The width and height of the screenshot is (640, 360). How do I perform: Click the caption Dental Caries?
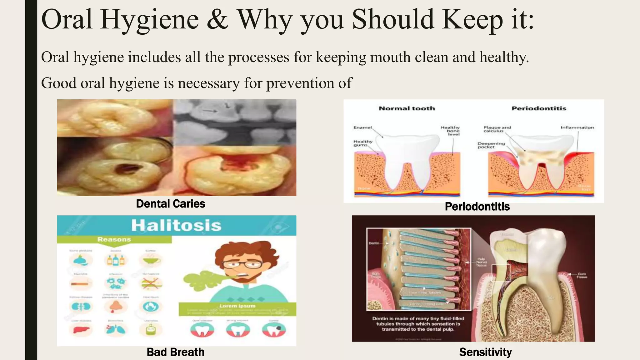tap(171, 204)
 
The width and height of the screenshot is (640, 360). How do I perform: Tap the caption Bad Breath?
tap(175, 352)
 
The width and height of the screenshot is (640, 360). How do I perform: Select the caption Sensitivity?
tap(485, 352)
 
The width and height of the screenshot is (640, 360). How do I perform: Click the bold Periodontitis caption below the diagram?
tap(477, 207)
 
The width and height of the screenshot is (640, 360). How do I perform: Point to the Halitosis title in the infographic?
tap(176, 225)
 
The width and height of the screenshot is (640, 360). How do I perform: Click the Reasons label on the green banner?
tap(114, 239)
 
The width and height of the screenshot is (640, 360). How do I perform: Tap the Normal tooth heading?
tap(407, 108)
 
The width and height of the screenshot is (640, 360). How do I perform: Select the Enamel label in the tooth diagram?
tap(362, 127)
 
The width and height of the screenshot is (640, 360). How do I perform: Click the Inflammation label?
tap(577, 127)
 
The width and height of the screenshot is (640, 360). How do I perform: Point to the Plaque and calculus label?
tap(497, 129)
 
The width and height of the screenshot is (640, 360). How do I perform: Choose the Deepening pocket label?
tap(491, 145)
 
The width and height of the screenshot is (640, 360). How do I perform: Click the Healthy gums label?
tap(363, 143)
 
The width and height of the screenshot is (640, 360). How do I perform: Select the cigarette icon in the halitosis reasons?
tap(81, 284)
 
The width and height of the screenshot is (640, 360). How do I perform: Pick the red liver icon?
tap(81, 329)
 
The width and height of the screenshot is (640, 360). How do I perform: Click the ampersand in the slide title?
tap(217, 19)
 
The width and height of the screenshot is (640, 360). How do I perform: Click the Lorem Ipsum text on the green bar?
tap(237, 306)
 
